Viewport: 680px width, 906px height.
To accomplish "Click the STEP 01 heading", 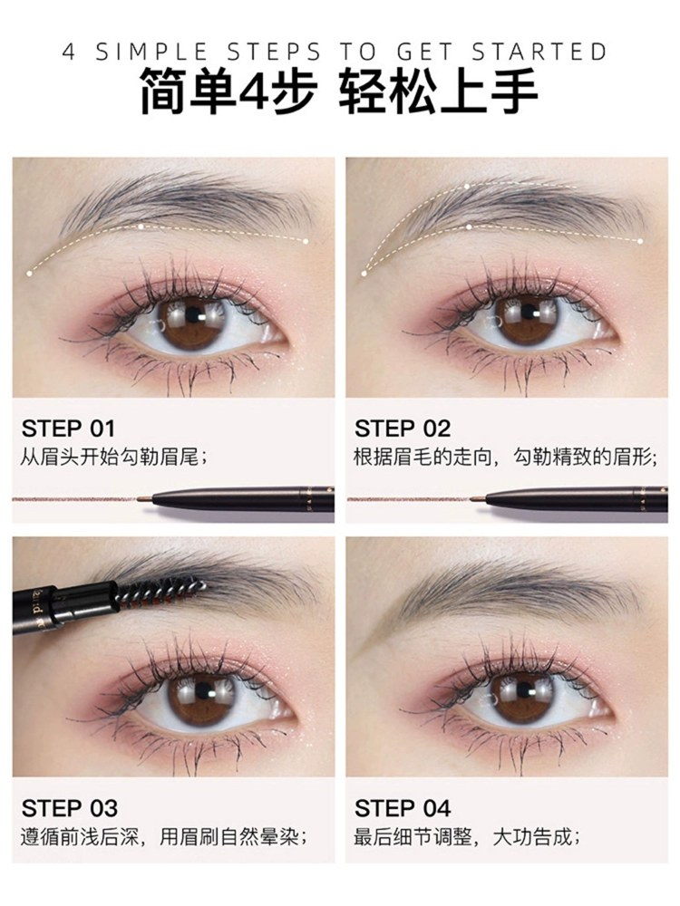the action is [x=68, y=429].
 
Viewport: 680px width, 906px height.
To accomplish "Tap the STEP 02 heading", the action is [x=403, y=429].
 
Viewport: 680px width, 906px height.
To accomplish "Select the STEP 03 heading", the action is [x=70, y=808].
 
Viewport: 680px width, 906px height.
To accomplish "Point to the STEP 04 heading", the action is [x=403, y=808].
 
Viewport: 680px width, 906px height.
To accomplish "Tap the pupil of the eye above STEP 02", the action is [x=528, y=312].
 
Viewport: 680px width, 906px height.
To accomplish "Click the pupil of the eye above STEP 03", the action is [x=203, y=691].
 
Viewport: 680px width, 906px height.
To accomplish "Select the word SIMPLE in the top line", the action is [x=151, y=52].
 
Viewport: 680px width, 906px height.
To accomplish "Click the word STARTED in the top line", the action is [x=539, y=52].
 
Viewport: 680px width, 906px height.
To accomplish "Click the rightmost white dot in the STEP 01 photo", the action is [x=306, y=241].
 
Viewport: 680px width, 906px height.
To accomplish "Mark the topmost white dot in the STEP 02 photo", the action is [x=467, y=187].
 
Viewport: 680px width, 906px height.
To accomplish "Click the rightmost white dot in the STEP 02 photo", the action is [x=640, y=241].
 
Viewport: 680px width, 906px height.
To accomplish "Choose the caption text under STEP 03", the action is [x=163, y=837].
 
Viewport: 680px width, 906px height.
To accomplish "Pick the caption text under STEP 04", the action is [x=467, y=837].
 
